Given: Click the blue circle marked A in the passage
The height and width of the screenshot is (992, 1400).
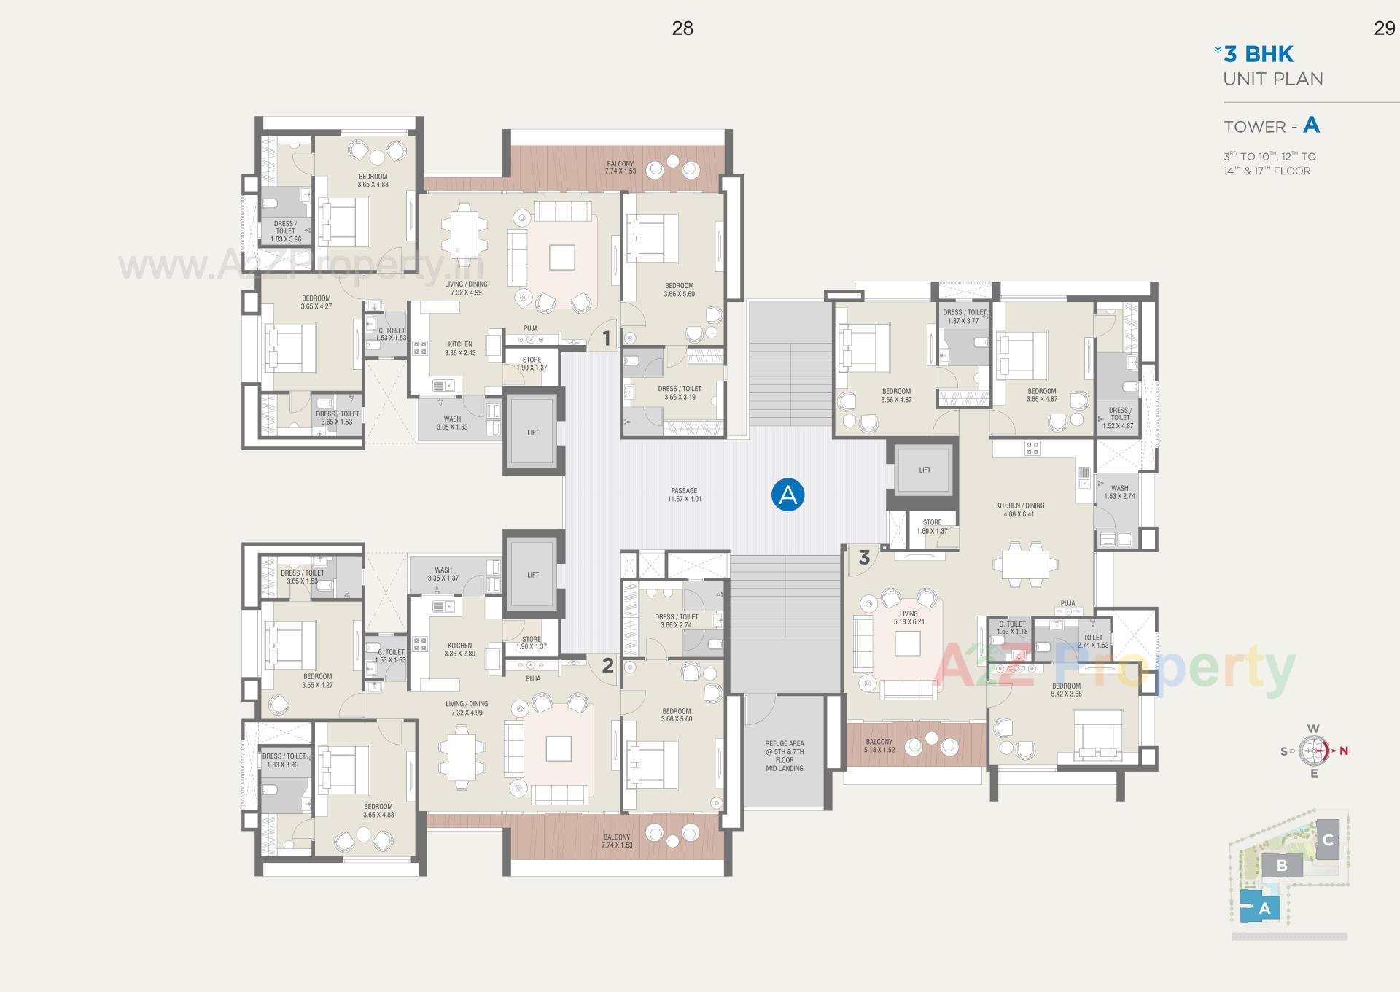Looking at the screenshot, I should (x=787, y=495).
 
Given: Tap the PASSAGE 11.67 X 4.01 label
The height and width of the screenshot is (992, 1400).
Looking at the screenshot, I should (x=684, y=495).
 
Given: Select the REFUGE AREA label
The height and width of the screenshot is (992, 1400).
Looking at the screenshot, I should (x=785, y=756).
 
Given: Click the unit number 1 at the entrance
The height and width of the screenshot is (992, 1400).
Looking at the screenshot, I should (x=606, y=338).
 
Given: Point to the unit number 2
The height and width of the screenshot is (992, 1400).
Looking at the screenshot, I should (x=607, y=665).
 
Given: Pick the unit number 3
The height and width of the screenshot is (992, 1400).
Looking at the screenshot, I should (x=864, y=558).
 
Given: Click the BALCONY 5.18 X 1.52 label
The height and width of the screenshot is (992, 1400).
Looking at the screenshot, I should (x=879, y=745).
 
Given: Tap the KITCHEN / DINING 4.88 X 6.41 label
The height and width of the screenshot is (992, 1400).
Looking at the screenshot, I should (x=1019, y=510).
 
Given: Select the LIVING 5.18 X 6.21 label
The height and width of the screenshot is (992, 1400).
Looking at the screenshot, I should (x=909, y=618).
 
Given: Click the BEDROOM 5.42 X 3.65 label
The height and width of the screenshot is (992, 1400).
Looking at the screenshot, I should (x=1066, y=690).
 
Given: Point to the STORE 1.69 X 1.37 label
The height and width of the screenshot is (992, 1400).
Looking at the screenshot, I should (x=932, y=527).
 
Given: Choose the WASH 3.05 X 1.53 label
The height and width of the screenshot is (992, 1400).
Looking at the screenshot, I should (x=452, y=423).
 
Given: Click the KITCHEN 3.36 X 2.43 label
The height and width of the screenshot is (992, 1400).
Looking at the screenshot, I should (x=460, y=349).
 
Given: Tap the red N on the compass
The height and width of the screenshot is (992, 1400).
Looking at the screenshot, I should (x=1343, y=751).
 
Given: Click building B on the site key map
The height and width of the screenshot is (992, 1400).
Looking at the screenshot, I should (x=1281, y=867).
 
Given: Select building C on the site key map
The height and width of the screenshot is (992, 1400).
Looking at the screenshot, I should (x=1328, y=840).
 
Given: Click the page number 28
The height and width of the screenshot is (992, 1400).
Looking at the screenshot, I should (x=682, y=28).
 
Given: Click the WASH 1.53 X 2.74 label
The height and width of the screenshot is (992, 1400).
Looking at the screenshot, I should (x=1119, y=492).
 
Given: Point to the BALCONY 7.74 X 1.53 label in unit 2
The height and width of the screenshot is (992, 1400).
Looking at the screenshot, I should (x=617, y=841).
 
